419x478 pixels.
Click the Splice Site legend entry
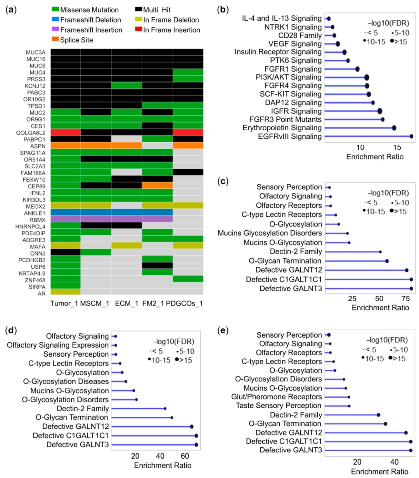click(76, 40)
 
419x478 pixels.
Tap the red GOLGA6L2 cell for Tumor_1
click(65, 133)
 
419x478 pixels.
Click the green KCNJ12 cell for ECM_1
click(126, 86)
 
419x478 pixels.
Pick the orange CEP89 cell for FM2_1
click(157, 186)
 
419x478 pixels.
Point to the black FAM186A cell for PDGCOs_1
click(188, 173)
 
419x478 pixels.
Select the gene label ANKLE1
click(35, 213)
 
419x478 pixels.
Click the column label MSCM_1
click(95, 303)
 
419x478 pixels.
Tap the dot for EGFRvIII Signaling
click(411, 136)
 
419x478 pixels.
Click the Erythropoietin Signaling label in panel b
click(282, 128)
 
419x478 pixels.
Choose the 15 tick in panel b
click(397, 147)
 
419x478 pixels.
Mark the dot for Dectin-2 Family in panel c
click(380, 252)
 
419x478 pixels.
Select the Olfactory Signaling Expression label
click(58, 345)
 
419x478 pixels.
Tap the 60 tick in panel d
click(185, 456)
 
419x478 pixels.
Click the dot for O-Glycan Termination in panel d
click(172, 418)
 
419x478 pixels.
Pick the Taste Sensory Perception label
click(279, 406)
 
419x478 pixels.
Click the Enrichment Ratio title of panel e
click(379, 471)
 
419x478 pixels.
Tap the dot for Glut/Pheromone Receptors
click(349, 397)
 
